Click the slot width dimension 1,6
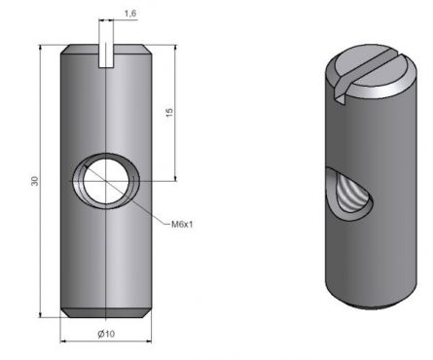pos(130,14)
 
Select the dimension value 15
pos(169,114)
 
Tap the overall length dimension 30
pos(35,182)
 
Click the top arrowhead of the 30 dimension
pos(43,48)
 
